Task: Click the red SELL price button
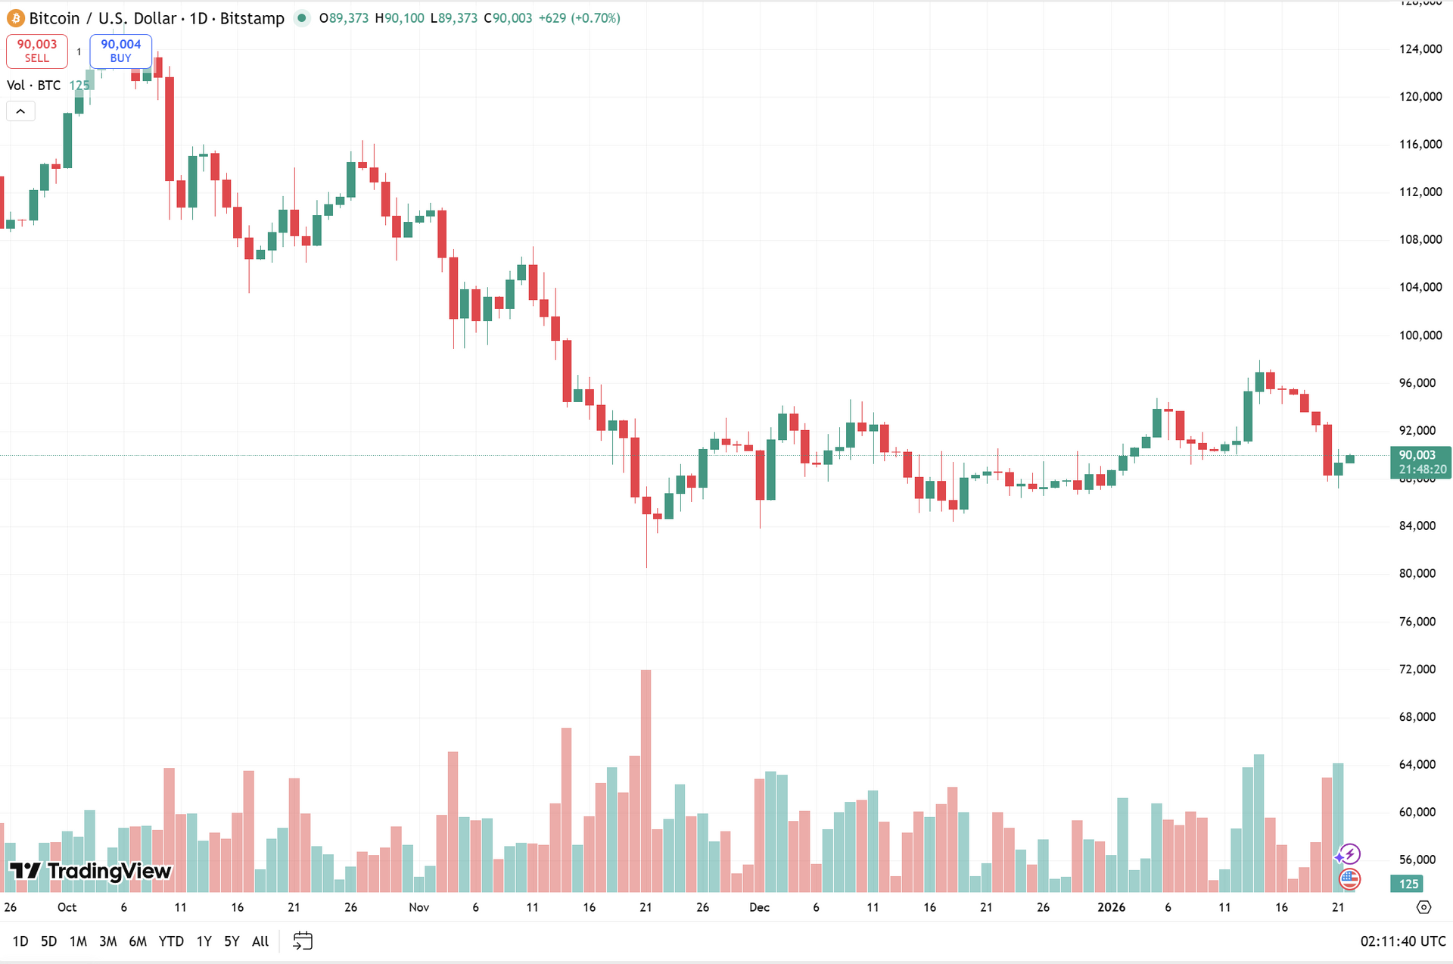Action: pos(37,51)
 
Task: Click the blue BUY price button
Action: pos(121,51)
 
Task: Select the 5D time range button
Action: pos(48,941)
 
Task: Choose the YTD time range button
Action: pos(171,941)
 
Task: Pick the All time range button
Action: pos(260,941)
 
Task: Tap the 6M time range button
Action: pos(138,941)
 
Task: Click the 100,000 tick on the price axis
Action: pos(1420,335)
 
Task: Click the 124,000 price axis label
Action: pos(1420,49)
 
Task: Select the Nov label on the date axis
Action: pos(418,907)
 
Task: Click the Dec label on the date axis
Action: pos(759,907)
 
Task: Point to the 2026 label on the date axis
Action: pos(1111,907)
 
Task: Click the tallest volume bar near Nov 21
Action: pos(646,780)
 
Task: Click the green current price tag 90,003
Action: pos(1420,462)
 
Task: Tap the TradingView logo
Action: pos(91,871)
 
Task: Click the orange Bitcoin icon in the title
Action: pos(15,18)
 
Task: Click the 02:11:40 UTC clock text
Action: pos(1403,941)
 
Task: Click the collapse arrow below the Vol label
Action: pos(20,111)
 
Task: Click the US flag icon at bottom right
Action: pos(1349,879)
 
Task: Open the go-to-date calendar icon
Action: pos(303,941)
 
